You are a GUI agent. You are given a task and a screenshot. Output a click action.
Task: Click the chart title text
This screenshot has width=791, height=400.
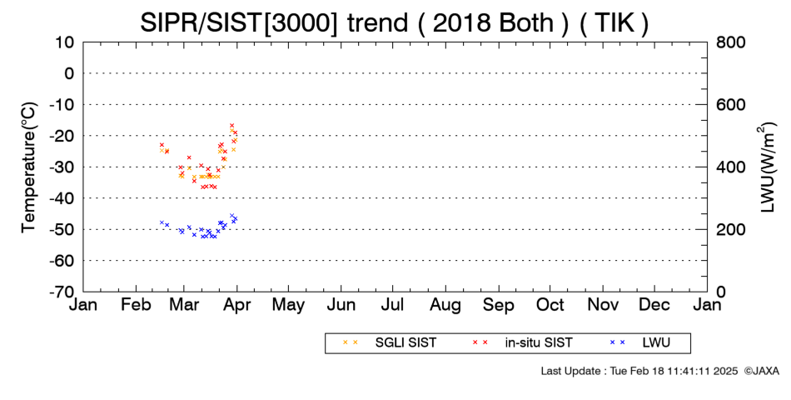tap(394, 22)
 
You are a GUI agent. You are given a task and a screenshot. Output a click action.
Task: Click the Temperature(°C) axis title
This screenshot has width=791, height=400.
tap(29, 167)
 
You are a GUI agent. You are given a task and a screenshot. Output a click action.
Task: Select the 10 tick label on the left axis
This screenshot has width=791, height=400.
tap(65, 42)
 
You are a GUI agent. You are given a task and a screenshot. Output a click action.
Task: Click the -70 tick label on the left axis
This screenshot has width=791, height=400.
tap(62, 292)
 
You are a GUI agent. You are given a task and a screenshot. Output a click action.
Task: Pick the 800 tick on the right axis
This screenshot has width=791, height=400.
tap(731, 42)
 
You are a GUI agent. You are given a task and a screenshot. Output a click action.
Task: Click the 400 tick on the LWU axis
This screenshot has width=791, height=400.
tap(731, 167)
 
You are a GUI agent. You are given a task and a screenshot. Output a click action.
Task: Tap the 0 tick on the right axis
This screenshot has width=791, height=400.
tap(721, 292)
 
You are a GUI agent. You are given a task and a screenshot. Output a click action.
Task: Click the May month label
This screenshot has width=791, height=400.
tap(288, 306)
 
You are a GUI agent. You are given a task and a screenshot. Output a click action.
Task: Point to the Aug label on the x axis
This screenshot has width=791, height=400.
tap(445, 306)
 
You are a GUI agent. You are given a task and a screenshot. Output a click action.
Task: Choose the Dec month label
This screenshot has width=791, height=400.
tap(654, 305)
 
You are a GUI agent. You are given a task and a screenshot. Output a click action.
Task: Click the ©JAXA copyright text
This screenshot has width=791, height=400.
tap(761, 371)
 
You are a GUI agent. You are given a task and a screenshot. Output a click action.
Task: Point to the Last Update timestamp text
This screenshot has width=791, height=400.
tap(639, 371)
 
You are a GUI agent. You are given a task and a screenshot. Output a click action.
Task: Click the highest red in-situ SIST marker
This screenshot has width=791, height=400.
tap(231, 125)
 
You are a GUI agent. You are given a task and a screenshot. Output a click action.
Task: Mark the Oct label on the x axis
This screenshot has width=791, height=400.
tap(550, 305)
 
